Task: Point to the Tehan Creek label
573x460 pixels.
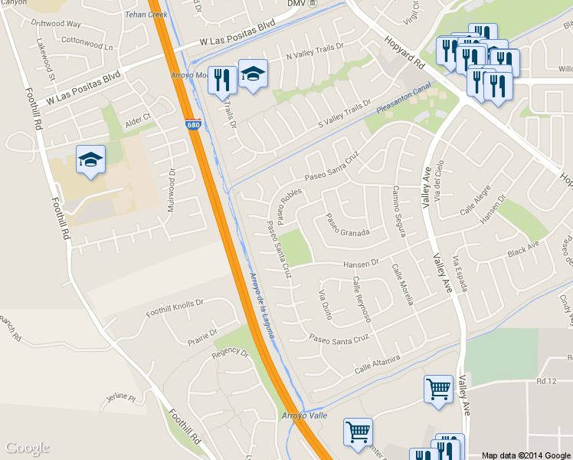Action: point(146,15)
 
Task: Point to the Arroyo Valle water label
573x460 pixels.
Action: point(304,415)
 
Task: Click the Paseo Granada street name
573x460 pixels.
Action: point(348,225)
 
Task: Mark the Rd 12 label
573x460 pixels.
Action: point(545,381)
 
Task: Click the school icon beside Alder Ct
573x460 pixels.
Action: point(90,160)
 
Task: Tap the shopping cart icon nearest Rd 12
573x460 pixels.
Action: point(438,389)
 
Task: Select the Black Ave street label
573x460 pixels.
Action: point(523,250)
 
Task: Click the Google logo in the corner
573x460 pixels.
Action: point(28,449)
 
